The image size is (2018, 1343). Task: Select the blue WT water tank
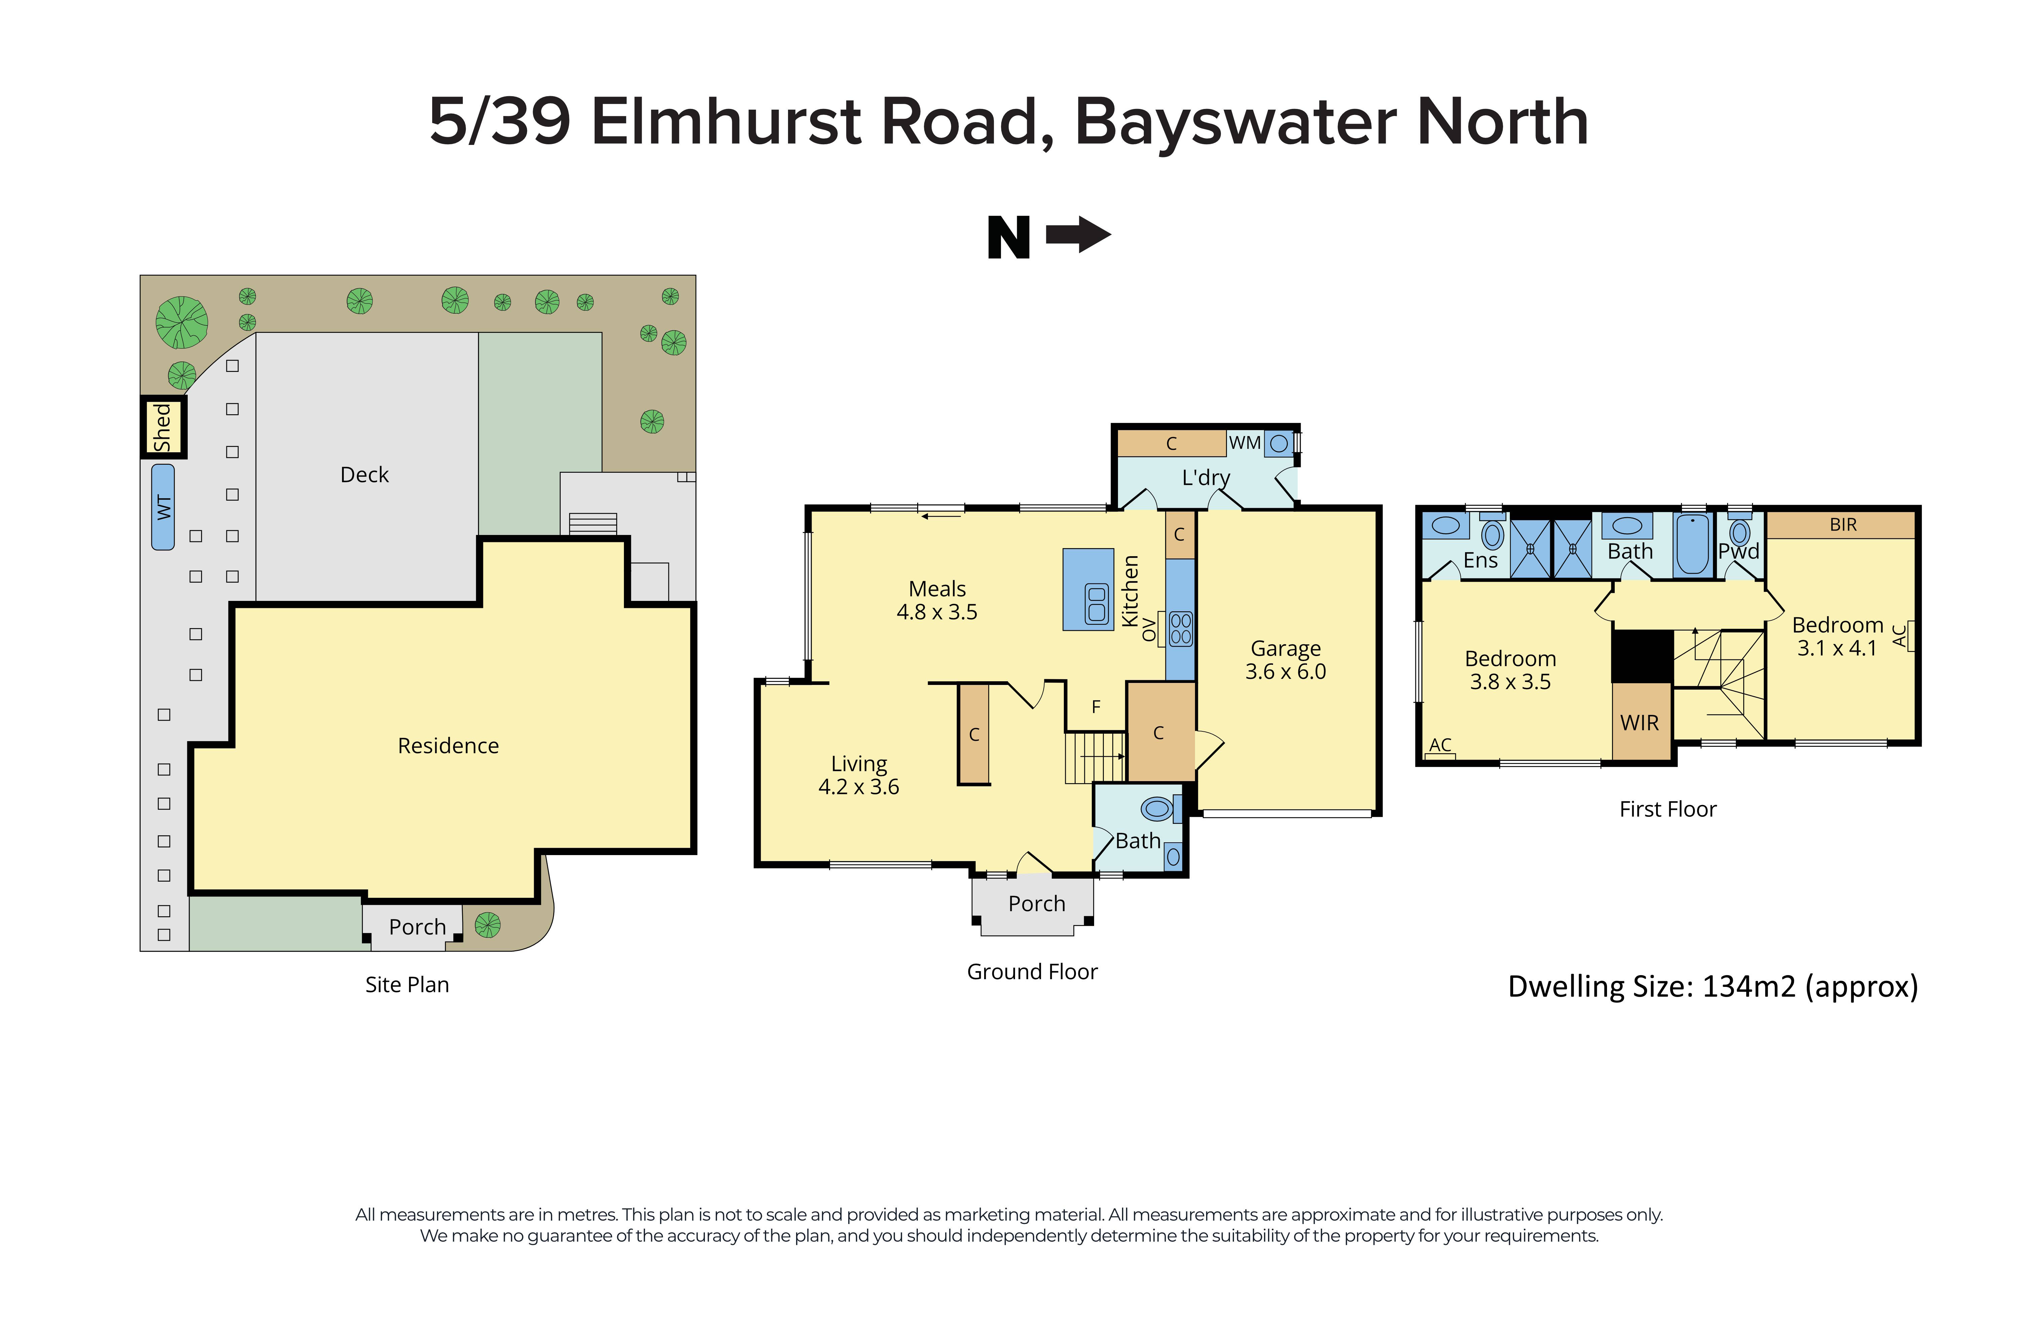tap(163, 507)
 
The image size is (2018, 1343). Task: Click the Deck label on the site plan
tap(364, 474)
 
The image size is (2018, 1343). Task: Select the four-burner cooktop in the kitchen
tap(1180, 629)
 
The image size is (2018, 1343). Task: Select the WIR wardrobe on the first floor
tap(1639, 722)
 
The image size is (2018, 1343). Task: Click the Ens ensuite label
tap(1480, 560)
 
